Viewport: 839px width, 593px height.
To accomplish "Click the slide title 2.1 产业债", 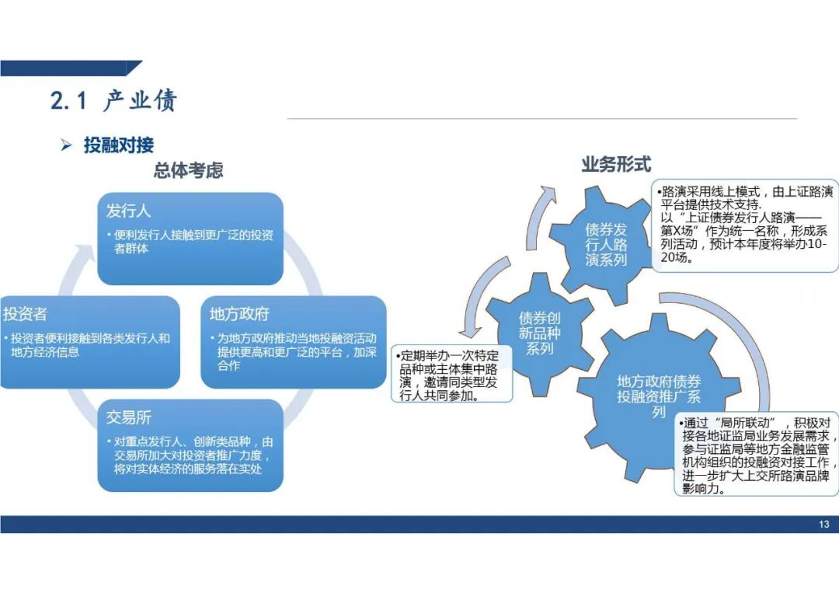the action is tap(113, 100).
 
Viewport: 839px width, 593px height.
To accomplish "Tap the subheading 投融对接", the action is tap(119, 145).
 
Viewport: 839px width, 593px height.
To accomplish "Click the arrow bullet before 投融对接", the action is tap(66, 145).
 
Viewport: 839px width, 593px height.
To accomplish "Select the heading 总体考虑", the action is tap(188, 170).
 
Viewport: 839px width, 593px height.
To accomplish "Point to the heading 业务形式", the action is tap(616, 164).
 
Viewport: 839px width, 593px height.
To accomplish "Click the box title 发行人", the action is tap(128, 211).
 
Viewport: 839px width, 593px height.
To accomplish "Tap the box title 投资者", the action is tap(25, 314).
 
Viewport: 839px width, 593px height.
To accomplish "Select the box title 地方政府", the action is tap(239, 314).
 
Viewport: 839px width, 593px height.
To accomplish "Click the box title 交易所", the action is tap(128, 417).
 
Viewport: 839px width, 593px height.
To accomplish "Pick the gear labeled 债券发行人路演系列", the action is tap(606, 245).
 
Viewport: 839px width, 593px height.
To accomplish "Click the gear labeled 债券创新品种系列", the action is tap(539, 333).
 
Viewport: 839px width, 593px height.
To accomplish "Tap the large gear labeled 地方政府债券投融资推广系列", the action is tap(659, 397).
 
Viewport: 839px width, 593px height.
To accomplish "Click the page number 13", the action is tap(824, 525).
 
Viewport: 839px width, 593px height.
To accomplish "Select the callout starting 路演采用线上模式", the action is tap(745, 225).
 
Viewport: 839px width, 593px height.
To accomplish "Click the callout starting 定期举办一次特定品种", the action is tap(452, 375).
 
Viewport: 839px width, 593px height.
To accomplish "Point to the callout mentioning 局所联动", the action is tap(757, 455).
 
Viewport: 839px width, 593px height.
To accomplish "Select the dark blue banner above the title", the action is tap(71, 68).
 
